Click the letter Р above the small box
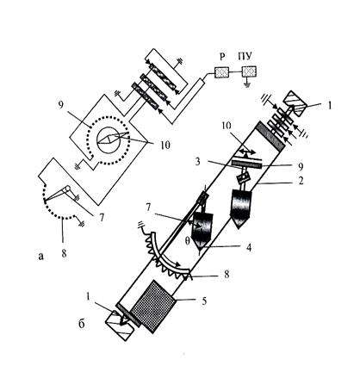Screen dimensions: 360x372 click(x=222, y=57)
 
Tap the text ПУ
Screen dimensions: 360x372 click(x=245, y=57)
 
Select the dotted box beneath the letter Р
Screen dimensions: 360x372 click(x=221, y=71)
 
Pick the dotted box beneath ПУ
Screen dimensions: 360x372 click(x=249, y=71)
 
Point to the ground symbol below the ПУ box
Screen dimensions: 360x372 click(x=246, y=84)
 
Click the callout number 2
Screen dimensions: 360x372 click(x=301, y=181)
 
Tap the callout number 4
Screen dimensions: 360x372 click(x=249, y=247)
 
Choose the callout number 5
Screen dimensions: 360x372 click(x=204, y=301)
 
